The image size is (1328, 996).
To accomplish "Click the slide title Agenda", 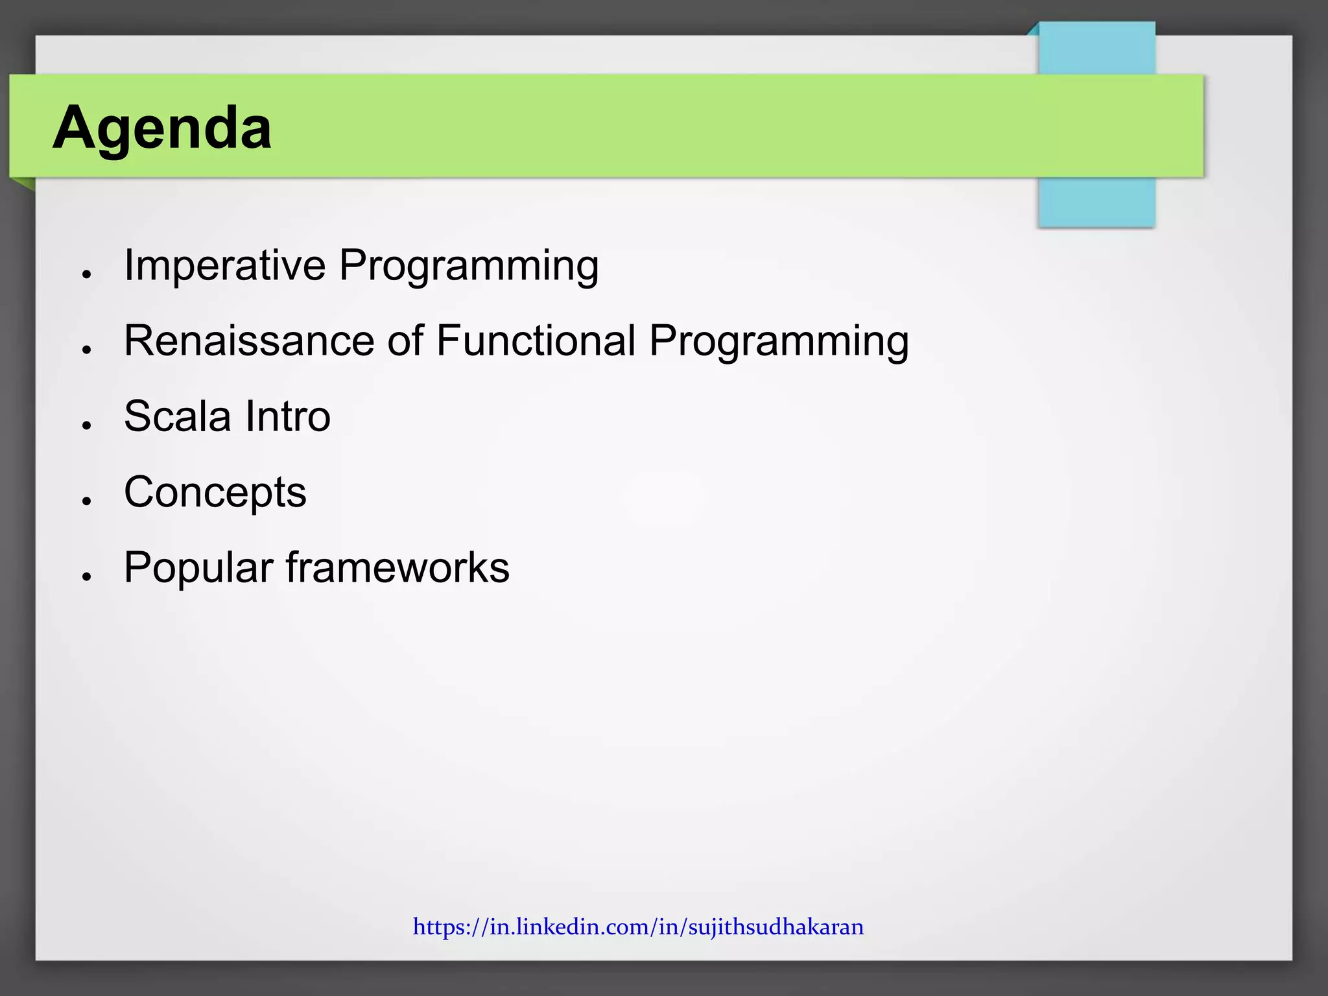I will tap(162, 128).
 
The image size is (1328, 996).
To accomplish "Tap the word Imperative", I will tap(224, 265).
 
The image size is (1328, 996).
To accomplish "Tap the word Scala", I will tap(177, 416).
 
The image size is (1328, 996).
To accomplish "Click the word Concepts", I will tap(215, 493).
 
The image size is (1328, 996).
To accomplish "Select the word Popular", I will tap(198, 568).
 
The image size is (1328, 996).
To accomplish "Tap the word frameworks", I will tap(397, 567).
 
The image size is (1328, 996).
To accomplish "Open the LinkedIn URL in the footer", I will tap(638, 927).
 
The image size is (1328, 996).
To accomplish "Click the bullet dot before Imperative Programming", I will tap(86, 275).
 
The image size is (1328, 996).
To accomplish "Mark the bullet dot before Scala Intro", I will tap(86, 425).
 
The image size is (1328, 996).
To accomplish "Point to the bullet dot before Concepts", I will tap(86, 501).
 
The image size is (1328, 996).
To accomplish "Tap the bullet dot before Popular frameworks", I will tap(86, 576).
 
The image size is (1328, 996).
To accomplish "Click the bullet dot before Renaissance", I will tap(86, 350).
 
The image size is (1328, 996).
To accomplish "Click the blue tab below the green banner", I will tap(1096, 202).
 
